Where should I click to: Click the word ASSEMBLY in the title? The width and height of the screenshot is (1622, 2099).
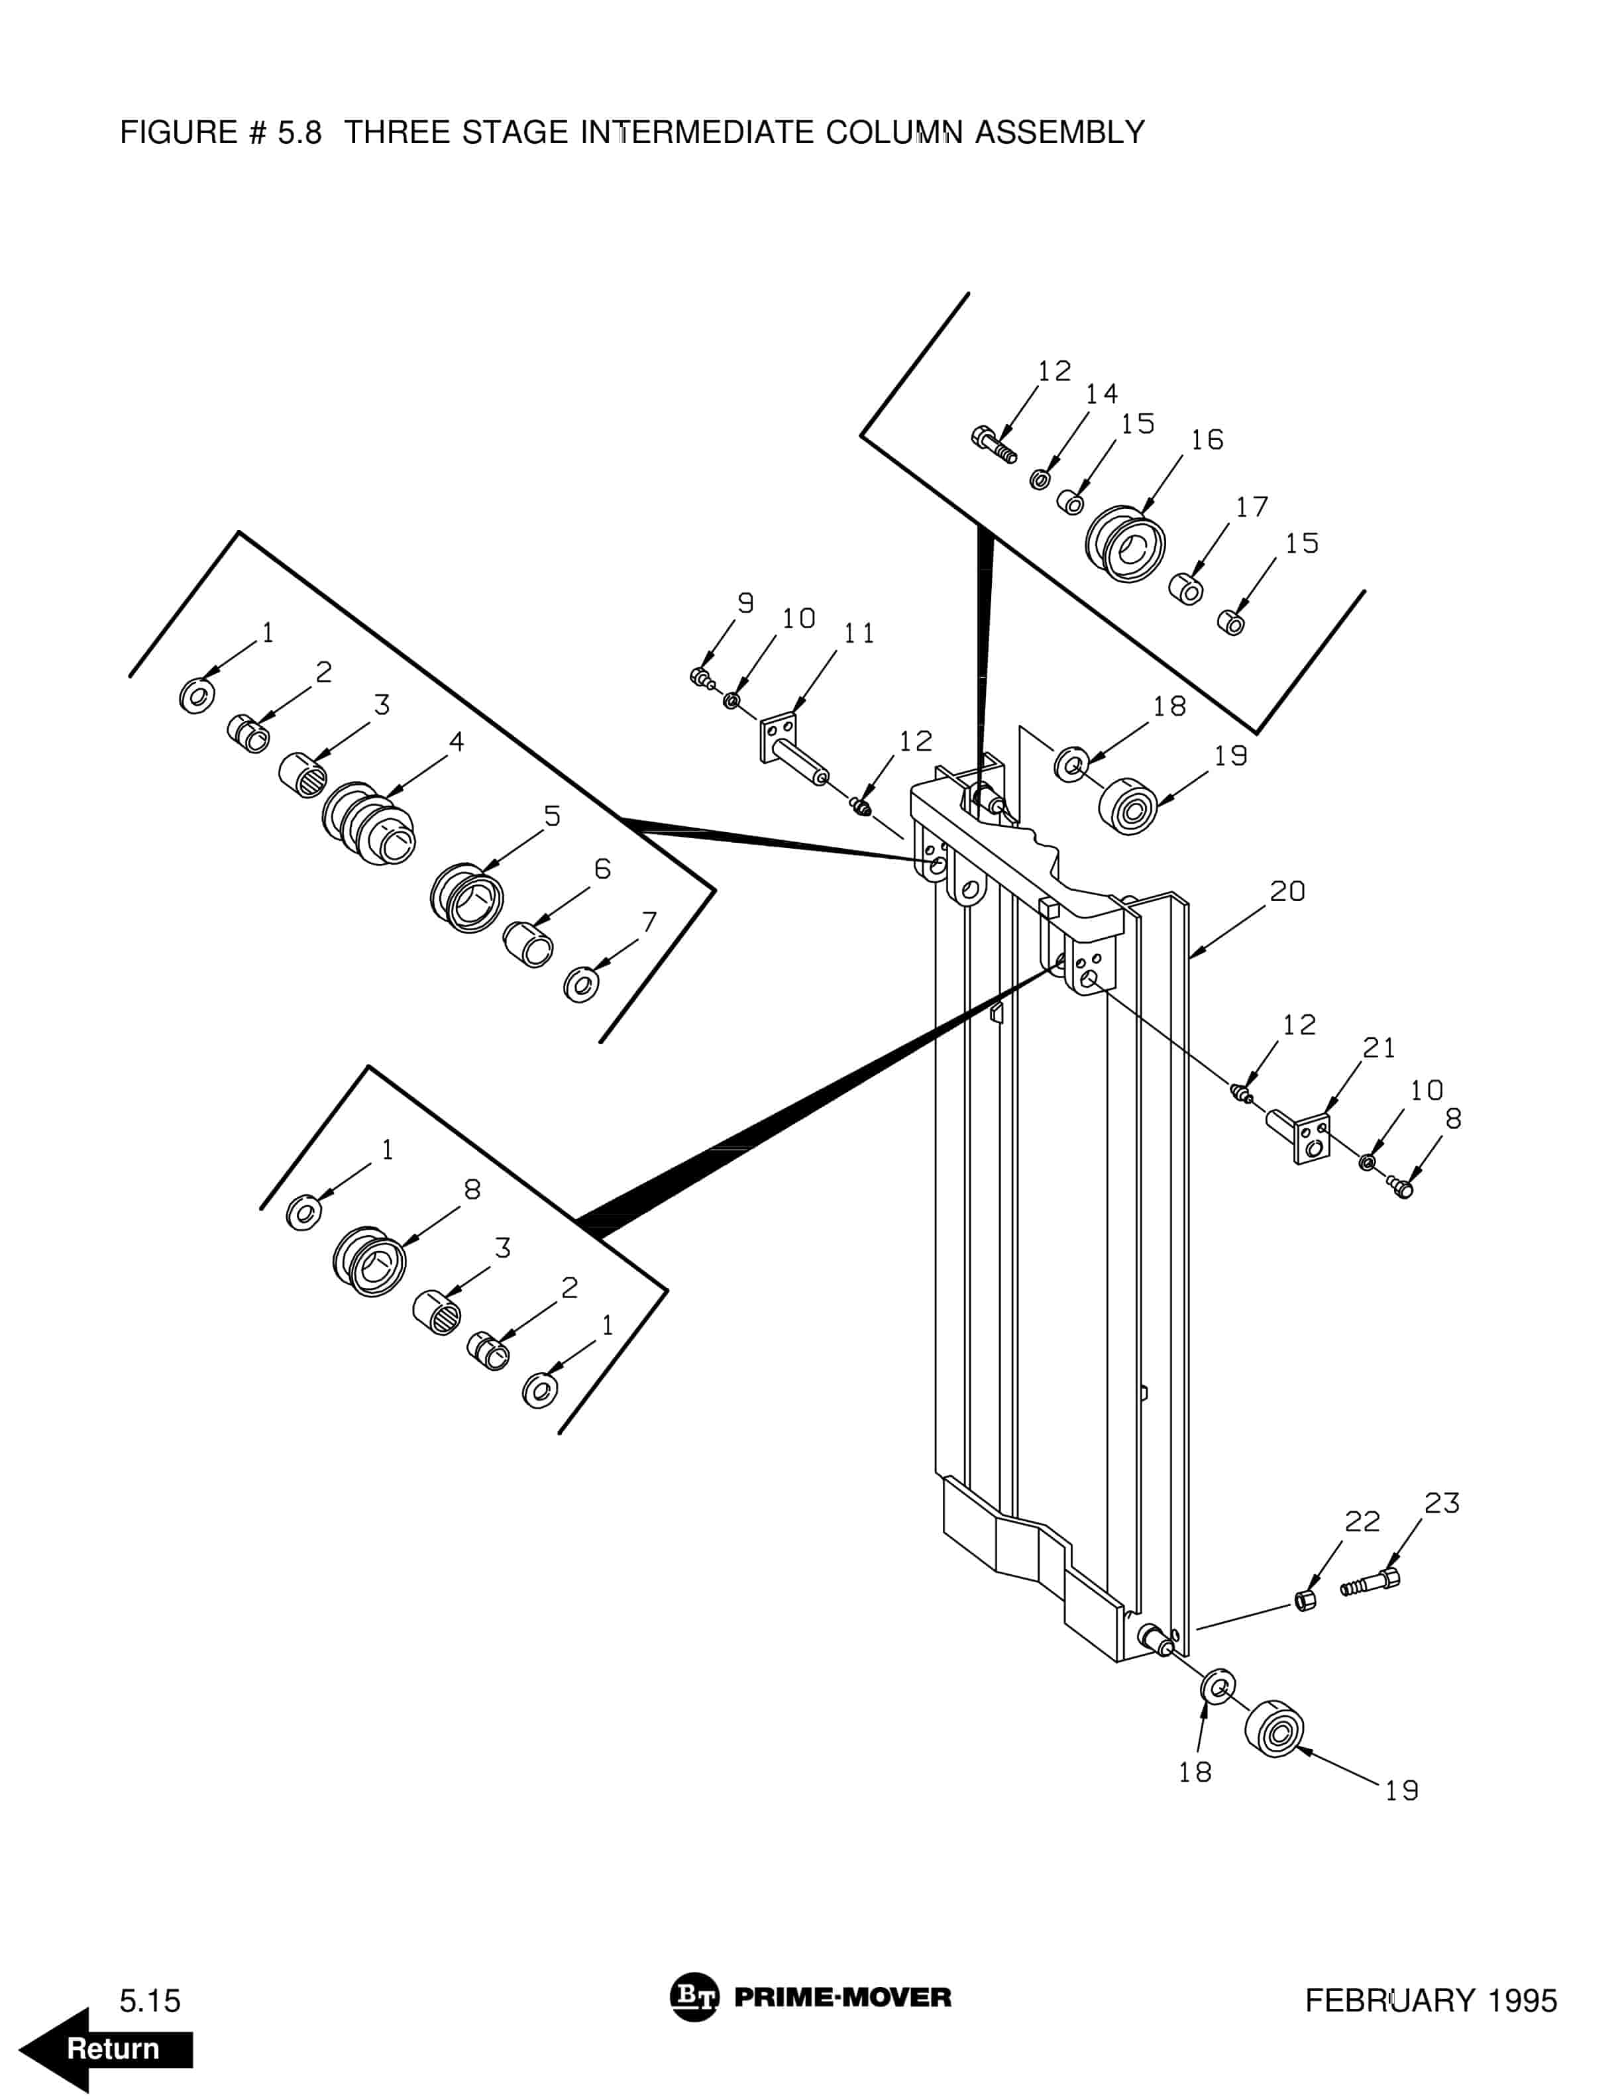pyautogui.click(x=1060, y=132)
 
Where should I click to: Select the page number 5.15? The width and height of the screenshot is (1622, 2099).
pyautogui.click(x=150, y=2001)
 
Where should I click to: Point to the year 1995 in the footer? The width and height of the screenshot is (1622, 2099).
pyautogui.click(x=1522, y=2000)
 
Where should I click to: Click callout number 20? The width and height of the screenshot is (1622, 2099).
pyautogui.click(x=1287, y=892)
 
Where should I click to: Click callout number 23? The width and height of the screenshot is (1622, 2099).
pyautogui.click(x=1441, y=1503)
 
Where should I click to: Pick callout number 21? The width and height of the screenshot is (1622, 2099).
pyautogui.click(x=1379, y=1048)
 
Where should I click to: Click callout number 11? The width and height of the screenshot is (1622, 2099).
pyautogui.click(x=859, y=633)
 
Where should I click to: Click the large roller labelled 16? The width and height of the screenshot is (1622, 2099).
pyautogui.click(x=1125, y=544)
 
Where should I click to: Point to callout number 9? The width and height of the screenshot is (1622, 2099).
pyautogui.click(x=745, y=602)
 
